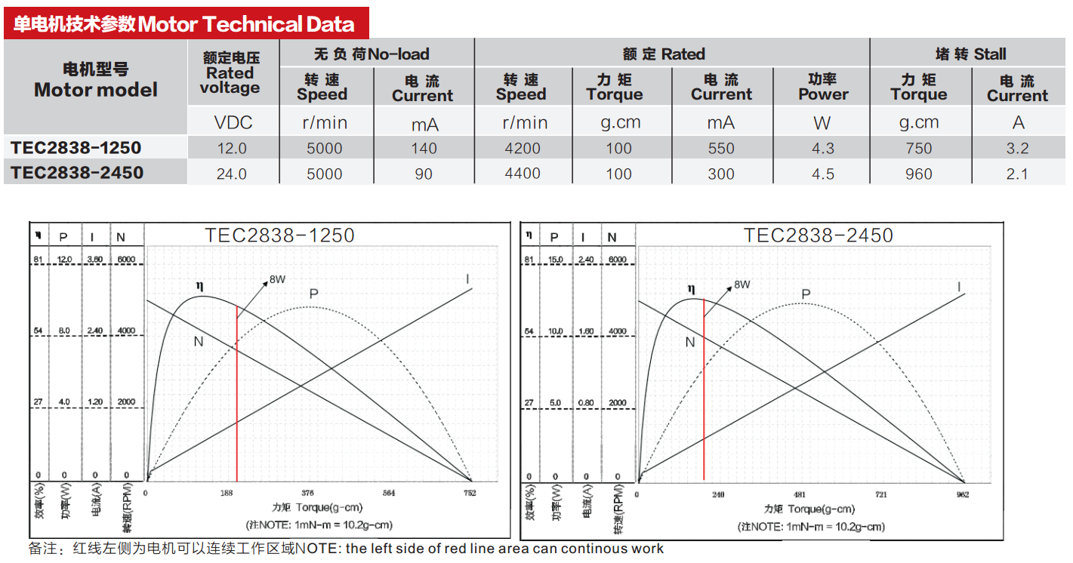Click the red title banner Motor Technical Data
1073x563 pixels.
186,23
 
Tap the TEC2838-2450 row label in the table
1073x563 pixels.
77,173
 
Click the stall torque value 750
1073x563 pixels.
919,149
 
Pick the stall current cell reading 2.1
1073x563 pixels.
1017,174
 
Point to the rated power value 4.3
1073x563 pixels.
822,149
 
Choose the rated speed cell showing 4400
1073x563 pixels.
522,174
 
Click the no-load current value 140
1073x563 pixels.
424,149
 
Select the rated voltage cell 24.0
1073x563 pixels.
232,174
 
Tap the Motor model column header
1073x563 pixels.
96,80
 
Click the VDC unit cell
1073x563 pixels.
233,122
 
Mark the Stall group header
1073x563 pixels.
970,54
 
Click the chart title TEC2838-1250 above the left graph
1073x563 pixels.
279,235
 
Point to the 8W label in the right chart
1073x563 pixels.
742,285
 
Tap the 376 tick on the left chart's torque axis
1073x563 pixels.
308,494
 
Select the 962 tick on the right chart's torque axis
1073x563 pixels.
961,495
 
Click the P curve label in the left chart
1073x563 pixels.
313,292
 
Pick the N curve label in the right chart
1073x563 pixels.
689,342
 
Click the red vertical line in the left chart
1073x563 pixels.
237,392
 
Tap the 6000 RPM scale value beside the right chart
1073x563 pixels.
618,260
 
